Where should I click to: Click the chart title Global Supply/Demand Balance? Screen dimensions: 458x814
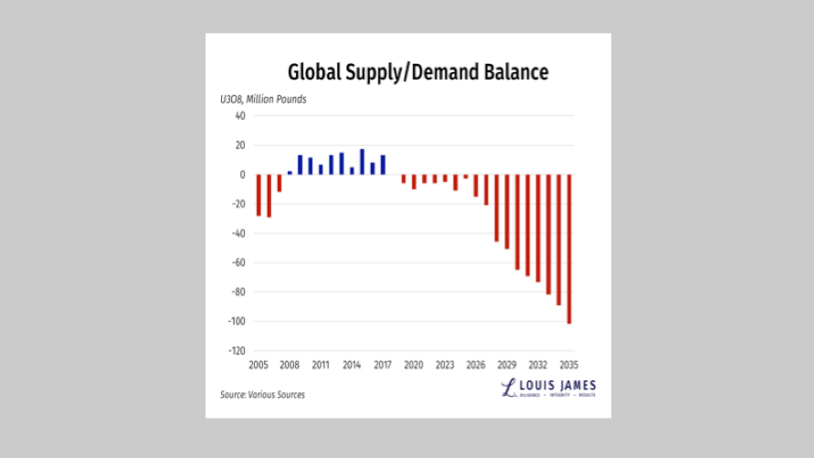tap(418, 71)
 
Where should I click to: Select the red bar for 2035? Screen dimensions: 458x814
tap(569, 249)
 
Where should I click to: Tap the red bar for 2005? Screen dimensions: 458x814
tap(259, 195)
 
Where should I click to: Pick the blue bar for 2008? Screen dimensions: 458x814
tap(290, 172)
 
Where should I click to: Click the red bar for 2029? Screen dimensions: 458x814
tap(517, 222)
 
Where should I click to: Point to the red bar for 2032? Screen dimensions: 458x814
tap(538, 228)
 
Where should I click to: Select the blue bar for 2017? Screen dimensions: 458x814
tap(383, 165)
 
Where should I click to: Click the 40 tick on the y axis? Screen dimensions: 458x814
tap(240, 116)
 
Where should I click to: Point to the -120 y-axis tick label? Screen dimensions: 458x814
tap(237, 351)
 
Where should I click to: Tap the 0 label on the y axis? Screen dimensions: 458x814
tap(243, 175)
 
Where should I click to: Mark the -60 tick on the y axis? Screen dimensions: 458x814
tap(238, 263)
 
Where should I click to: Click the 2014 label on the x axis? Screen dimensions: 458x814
tap(352, 365)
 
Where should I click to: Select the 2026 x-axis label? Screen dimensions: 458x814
tap(475, 365)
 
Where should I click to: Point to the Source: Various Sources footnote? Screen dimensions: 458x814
tap(262, 395)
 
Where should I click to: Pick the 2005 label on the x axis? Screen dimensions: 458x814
tap(259, 365)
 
